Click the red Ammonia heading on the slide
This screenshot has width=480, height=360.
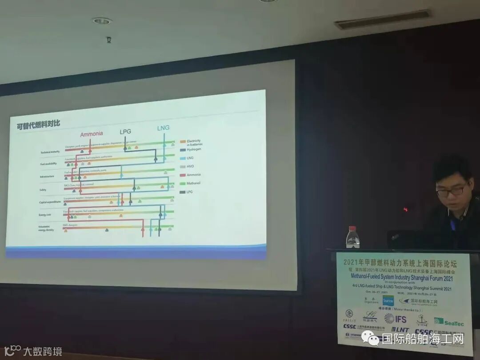pyautogui.click(x=91, y=134)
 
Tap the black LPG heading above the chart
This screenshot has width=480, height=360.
pyautogui.click(x=126, y=132)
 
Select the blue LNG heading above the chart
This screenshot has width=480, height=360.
pyautogui.click(x=163, y=128)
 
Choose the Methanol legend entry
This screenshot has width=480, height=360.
pyautogui.click(x=193, y=183)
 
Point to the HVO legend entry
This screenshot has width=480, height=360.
pyautogui.click(x=190, y=166)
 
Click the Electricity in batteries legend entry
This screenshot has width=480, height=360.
pyautogui.click(x=193, y=142)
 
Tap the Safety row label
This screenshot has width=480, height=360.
pyautogui.click(x=46, y=190)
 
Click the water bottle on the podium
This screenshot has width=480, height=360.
pyautogui.click(x=352, y=237)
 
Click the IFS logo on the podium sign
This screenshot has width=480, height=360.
pyautogui.click(x=396, y=319)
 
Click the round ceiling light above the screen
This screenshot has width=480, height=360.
pyautogui.click(x=102, y=20)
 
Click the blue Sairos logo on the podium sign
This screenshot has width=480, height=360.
pyautogui.click(x=388, y=301)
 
